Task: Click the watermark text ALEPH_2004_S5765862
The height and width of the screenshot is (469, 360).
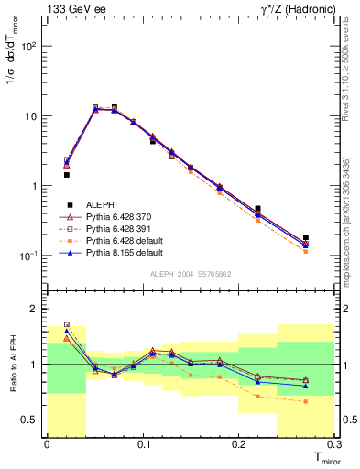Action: click(192, 275)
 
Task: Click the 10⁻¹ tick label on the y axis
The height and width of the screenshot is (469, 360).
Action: click(29, 256)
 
